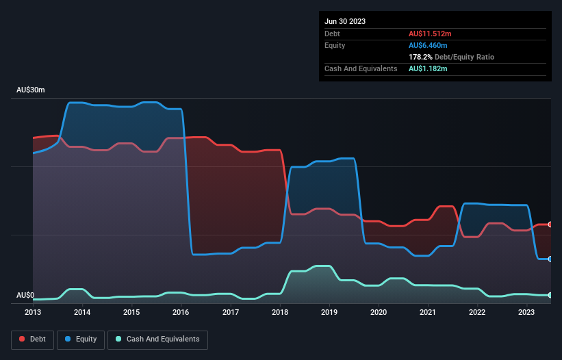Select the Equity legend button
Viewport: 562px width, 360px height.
tap(80, 339)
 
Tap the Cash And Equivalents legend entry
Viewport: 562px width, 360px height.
tap(157, 339)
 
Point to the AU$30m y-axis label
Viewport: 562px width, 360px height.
tap(31, 90)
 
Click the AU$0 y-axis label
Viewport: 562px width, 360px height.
tap(25, 296)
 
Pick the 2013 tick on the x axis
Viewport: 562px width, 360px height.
tap(33, 312)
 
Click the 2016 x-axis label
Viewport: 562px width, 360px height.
tap(181, 312)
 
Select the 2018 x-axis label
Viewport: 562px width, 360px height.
tap(279, 312)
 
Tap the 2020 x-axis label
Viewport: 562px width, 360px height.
tap(379, 312)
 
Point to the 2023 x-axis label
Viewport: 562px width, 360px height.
tap(526, 312)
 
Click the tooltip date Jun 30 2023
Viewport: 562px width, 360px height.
tap(345, 21)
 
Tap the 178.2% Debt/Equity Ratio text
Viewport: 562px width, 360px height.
tap(451, 57)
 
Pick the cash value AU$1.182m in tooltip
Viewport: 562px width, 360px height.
tap(428, 69)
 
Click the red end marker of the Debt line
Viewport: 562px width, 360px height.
tap(550, 224)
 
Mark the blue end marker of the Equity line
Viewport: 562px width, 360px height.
tap(550, 259)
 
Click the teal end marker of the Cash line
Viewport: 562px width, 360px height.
tap(550, 295)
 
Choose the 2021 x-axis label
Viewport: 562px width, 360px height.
tap(428, 312)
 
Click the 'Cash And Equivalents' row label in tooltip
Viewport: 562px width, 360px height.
tap(361, 69)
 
